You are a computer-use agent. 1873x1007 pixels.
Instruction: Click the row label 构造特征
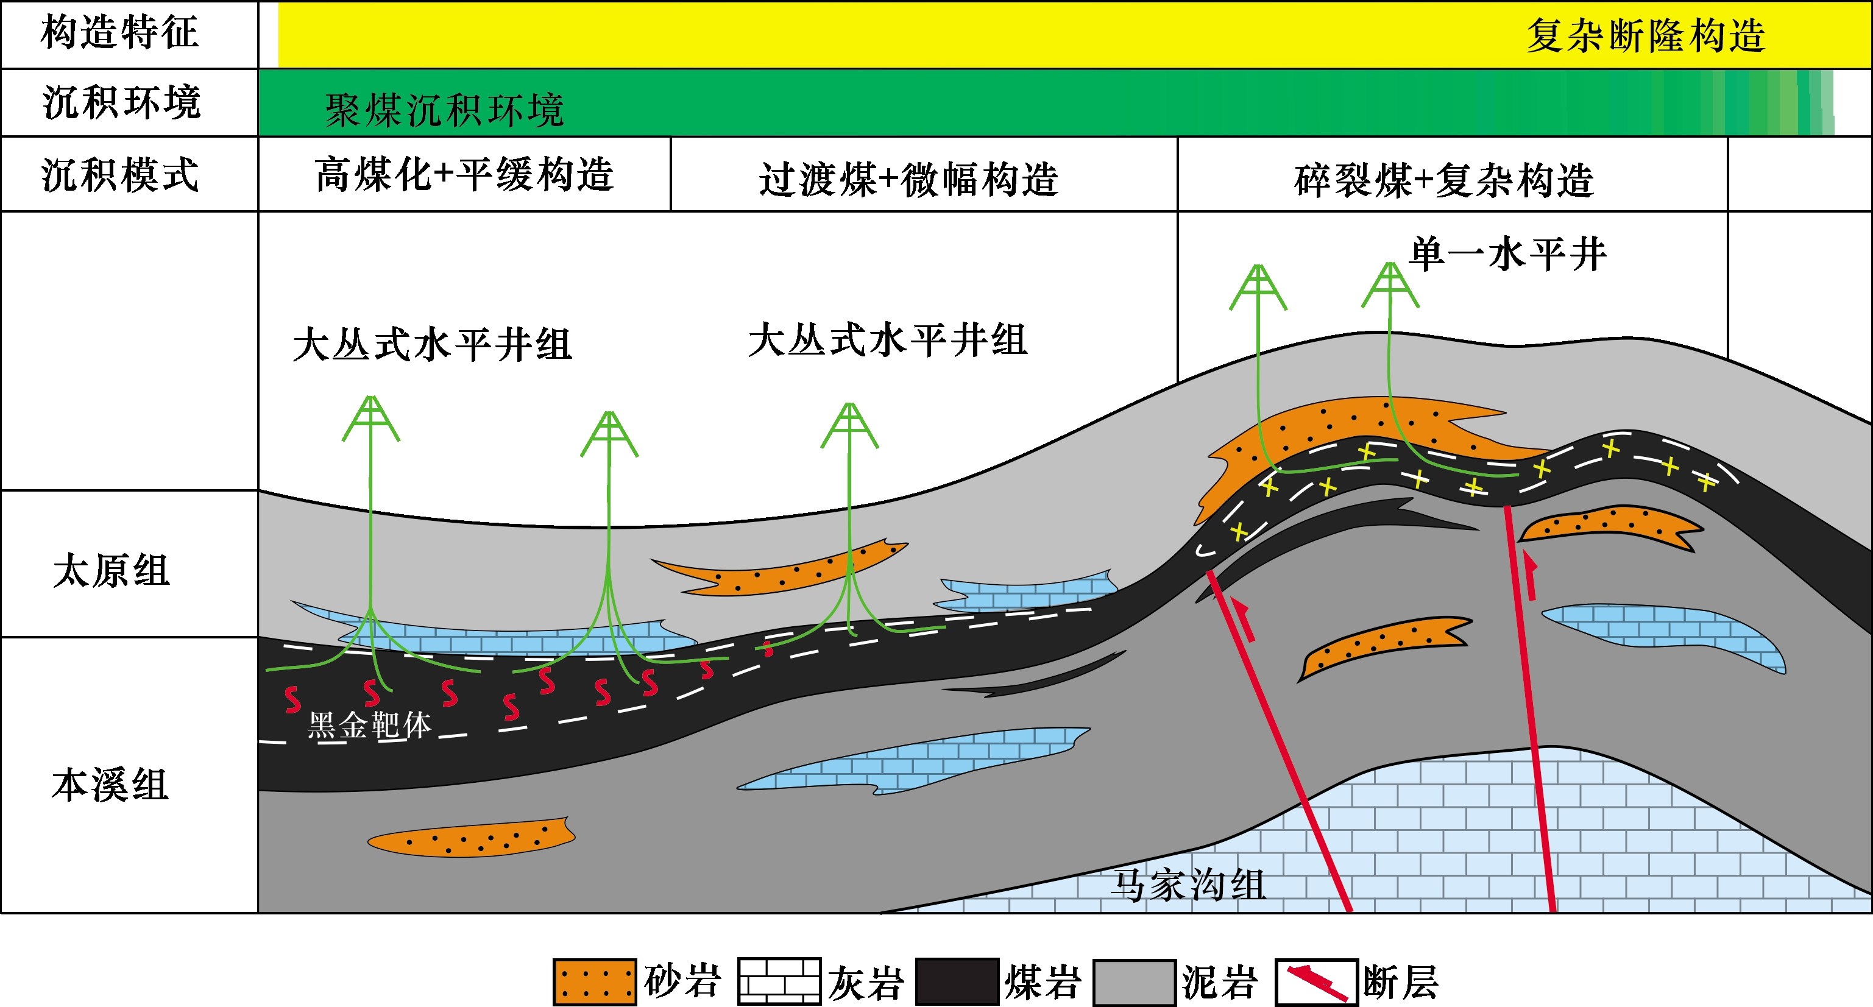point(120,33)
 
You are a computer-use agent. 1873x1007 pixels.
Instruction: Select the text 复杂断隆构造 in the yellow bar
point(1645,35)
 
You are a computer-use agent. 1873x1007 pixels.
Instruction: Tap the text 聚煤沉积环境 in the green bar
point(444,110)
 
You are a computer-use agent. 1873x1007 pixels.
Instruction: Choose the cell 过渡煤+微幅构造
point(909,179)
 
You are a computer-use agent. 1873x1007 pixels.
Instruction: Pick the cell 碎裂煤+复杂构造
point(1444,180)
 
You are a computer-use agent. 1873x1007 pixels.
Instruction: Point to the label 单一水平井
point(1508,255)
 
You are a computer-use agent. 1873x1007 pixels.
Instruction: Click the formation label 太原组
point(112,570)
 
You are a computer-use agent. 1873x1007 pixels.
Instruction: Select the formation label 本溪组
point(110,785)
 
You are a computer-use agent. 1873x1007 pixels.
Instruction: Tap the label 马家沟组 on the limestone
point(1188,885)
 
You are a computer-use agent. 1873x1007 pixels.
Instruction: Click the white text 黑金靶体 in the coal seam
point(369,725)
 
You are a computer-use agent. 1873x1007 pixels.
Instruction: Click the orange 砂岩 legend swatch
point(594,981)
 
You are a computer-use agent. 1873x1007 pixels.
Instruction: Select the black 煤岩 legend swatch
point(957,981)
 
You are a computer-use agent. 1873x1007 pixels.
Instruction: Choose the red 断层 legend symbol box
point(1316,981)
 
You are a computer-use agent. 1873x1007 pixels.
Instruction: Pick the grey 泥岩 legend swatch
point(1135,981)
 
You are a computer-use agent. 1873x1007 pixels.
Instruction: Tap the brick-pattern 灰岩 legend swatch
point(779,981)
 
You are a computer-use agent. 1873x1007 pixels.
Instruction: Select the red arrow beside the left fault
point(1244,620)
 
